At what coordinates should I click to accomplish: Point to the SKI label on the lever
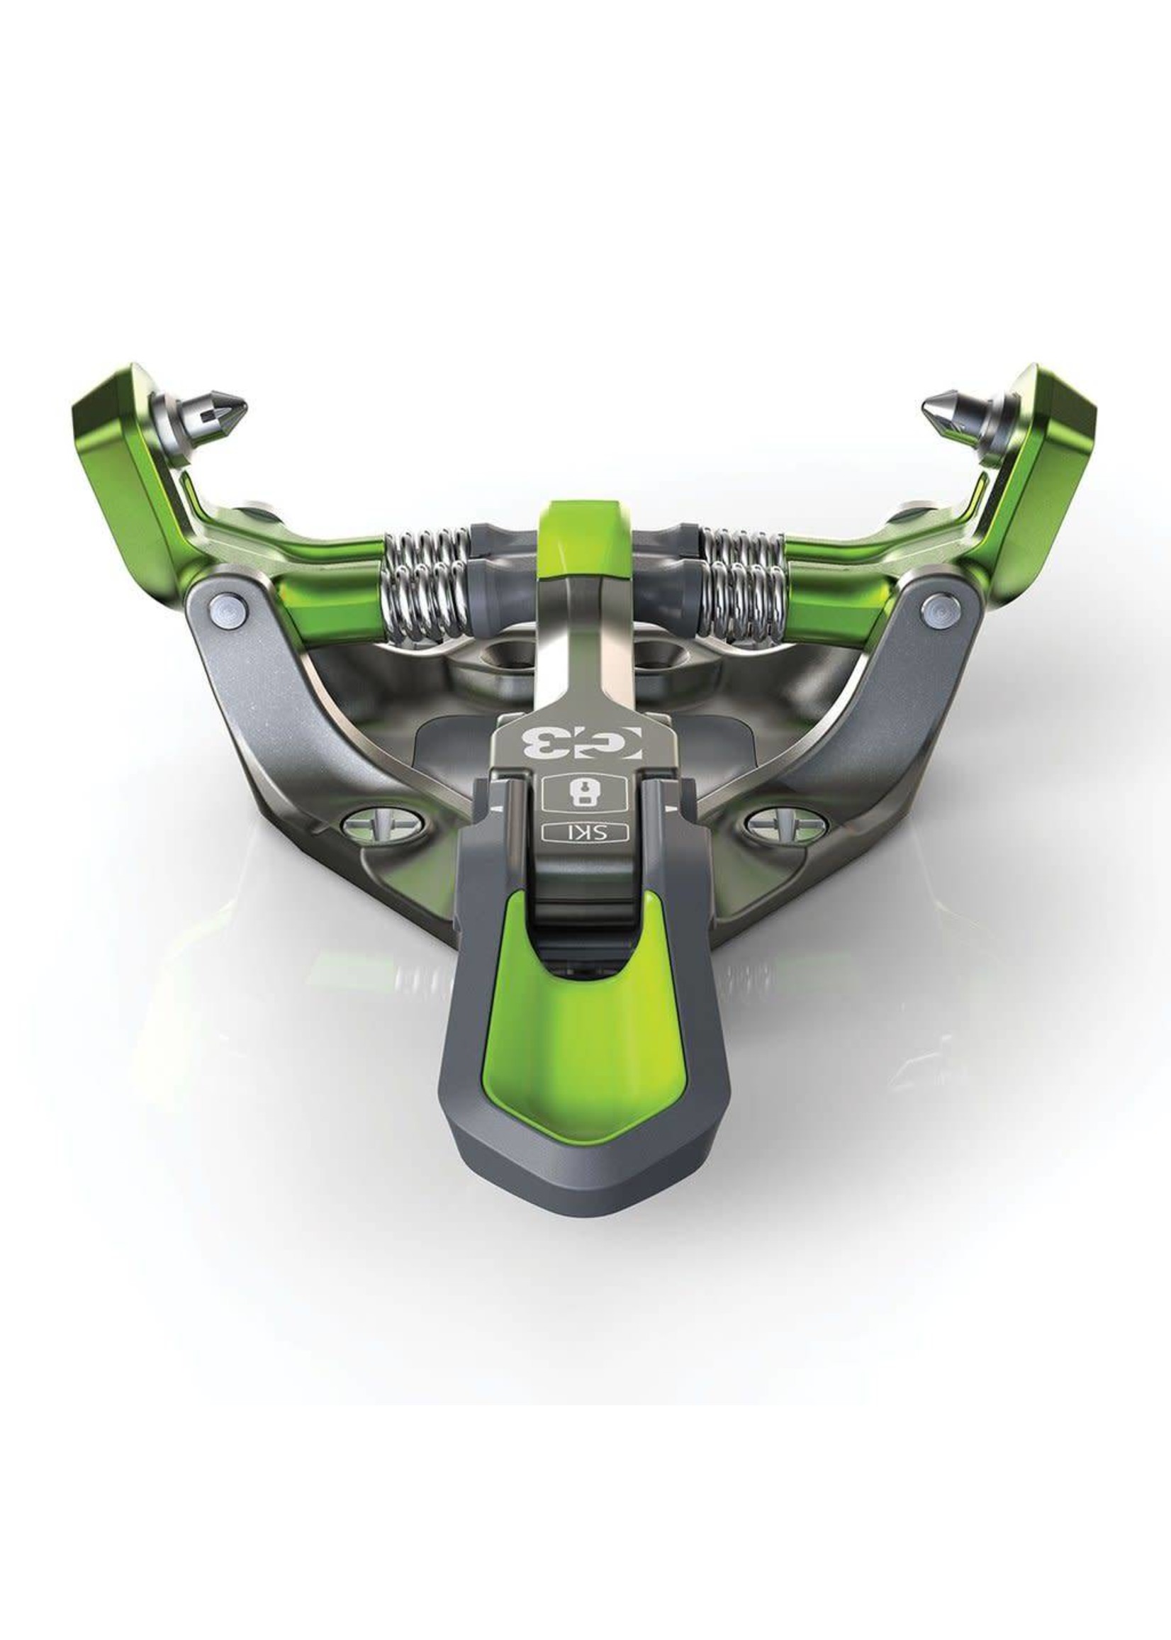[x=585, y=832]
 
